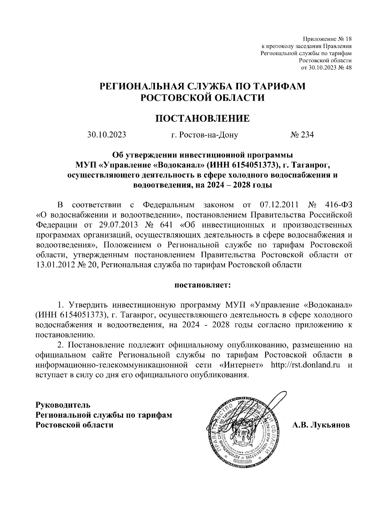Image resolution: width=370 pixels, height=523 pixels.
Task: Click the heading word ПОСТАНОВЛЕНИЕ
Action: (202, 119)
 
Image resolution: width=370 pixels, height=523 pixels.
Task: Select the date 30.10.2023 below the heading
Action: (107, 135)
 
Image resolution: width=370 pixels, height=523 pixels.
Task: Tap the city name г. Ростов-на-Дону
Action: (204, 135)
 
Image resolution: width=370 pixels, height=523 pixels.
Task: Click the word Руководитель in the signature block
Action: (63, 404)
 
